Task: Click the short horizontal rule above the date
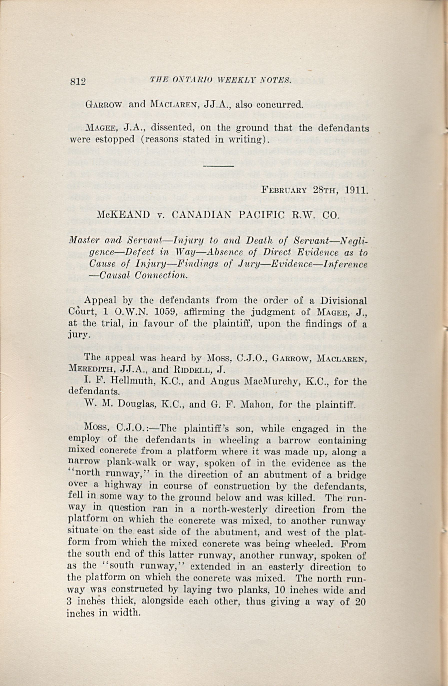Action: pos(218,166)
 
